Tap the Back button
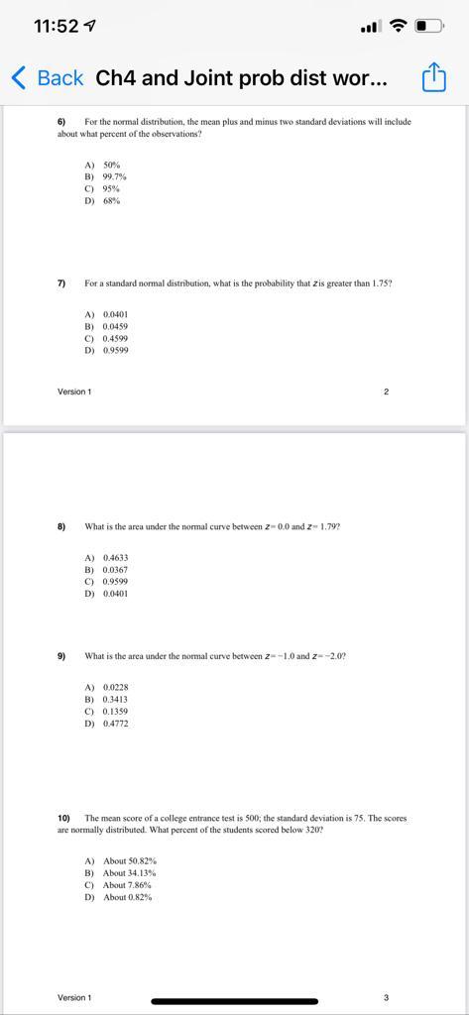point(47,77)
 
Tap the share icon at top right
point(434,77)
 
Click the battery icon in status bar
point(428,26)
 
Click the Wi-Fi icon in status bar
point(399,26)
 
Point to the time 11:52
point(56,26)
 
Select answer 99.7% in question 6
point(114,176)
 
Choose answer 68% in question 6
point(111,200)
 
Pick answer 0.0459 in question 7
point(115,326)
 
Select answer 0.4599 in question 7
point(115,338)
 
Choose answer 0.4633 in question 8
point(115,558)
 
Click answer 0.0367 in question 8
point(115,570)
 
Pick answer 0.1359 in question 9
point(115,712)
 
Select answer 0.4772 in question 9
point(115,724)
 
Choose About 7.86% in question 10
point(129,885)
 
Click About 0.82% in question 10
point(129,897)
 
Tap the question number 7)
point(61,283)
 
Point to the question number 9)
point(61,656)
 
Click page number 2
point(386,392)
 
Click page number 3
point(386,997)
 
